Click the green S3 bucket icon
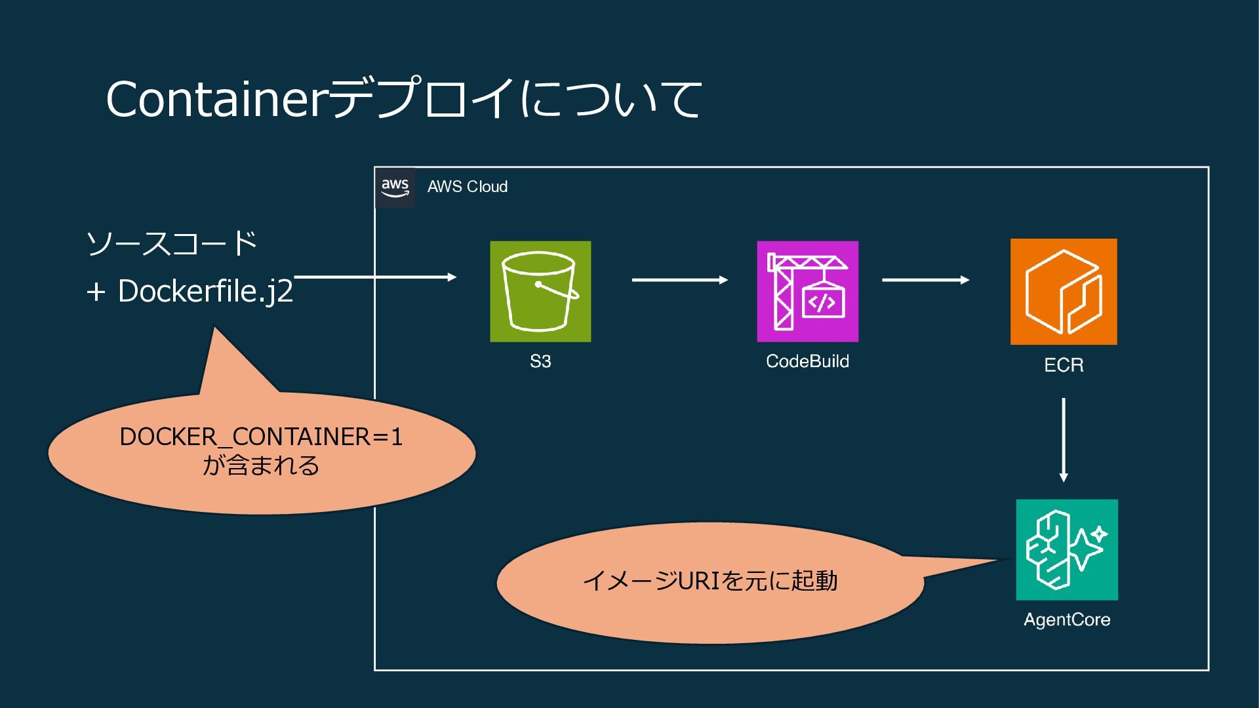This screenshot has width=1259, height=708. tap(540, 291)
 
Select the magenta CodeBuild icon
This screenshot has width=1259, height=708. tap(807, 291)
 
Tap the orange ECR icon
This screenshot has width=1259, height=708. tap(1063, 292)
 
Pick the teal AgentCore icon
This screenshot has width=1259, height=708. tap(1067, 549)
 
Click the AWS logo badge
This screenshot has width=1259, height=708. tap(395, 187)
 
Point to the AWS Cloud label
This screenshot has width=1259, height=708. tap(468, 187)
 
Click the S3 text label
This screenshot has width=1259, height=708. tap(540, 361)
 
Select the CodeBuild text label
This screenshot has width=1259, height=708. tap(807, 361)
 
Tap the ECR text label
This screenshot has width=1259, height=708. tap(1064, 365)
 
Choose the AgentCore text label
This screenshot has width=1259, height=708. tap(1067, 619)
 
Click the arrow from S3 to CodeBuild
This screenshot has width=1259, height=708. tap(679, 280)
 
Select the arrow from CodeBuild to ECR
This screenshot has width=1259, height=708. tap(925, 280)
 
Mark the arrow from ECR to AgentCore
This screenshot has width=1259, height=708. tap(1063, 439)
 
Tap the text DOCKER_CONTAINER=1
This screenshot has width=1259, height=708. tap(261, 437)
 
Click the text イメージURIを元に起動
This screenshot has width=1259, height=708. tap(710, 581)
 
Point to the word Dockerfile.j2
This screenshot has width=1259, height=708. tap(205, 291)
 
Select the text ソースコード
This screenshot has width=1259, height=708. tap(172, 243)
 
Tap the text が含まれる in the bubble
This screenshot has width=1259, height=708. tap(261, 465)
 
